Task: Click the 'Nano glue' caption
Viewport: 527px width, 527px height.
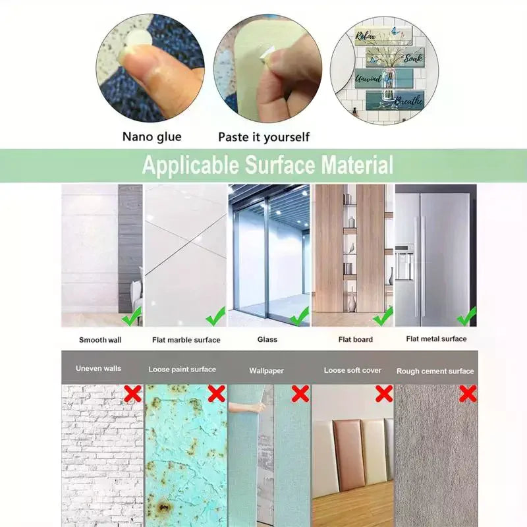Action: coord(152,137)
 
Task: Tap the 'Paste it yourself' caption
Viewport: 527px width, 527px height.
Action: coord(264,137)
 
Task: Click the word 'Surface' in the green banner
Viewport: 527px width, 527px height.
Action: coord(280,165)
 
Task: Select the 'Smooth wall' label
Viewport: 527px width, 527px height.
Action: coord(100,340)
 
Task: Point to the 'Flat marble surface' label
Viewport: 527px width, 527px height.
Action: coord(186,340)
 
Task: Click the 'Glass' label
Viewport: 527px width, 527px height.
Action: coord(267,339)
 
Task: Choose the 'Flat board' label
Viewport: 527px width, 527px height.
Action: coord(356,339)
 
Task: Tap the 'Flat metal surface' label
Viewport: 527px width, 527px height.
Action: coord(436,339)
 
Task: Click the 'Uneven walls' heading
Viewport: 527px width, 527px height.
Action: coord(98,368)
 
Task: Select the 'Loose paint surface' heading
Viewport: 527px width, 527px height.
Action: coord(182,370)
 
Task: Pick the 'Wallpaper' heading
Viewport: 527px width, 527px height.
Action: coord(267,371)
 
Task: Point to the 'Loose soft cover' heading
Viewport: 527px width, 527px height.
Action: coord(352,370)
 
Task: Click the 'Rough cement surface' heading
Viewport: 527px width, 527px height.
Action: coord(435,371)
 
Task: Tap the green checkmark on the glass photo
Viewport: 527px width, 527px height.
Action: coord(299,316)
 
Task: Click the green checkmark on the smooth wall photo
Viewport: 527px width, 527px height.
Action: coord(132,316)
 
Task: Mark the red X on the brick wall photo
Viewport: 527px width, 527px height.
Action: coord(133,393)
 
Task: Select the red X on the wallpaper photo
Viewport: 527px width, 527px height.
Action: coord(300,393)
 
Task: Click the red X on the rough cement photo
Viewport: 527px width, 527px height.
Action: coord(468,393)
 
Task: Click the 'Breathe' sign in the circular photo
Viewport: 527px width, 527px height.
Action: coord(395,99)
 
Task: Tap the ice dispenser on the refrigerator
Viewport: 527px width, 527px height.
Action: coord(404,263)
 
